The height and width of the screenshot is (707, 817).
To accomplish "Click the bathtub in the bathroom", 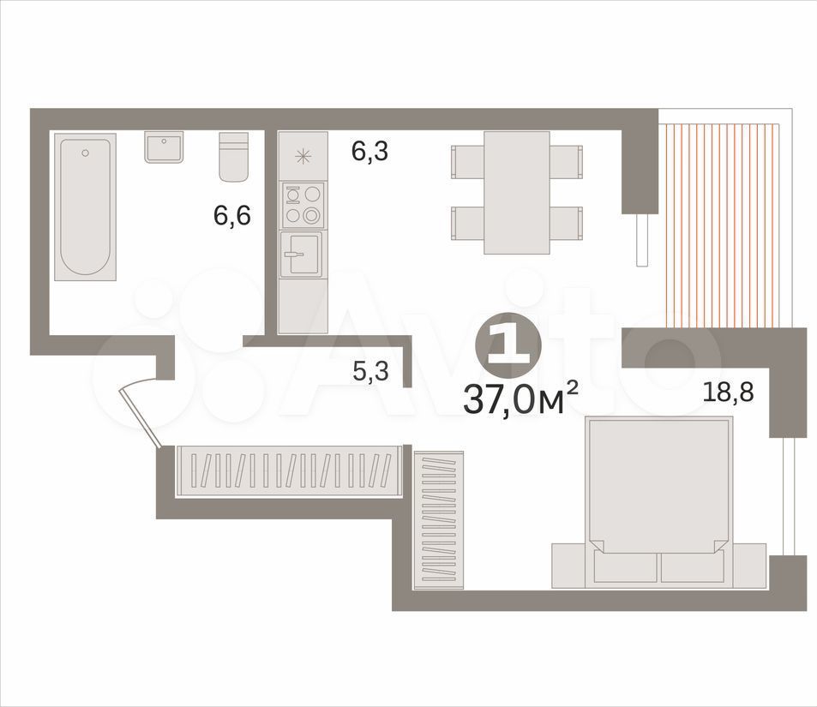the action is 85,207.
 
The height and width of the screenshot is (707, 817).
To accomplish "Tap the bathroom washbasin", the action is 164,147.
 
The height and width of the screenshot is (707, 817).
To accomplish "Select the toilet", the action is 233,156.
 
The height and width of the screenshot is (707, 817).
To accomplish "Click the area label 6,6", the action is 232,215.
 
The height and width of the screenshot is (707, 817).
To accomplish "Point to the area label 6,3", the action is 369,152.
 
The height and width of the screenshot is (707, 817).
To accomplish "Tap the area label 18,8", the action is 729,392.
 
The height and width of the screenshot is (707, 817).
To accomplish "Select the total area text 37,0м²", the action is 520,399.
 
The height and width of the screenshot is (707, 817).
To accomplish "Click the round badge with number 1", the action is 508,346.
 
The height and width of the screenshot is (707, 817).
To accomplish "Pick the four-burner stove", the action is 303,205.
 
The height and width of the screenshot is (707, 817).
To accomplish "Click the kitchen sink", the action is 301,255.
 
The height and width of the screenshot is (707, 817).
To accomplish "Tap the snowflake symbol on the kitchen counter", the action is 303,156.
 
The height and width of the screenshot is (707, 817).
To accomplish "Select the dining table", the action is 517,192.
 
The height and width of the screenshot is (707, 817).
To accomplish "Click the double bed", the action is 658,501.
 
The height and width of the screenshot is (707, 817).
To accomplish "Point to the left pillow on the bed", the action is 625,566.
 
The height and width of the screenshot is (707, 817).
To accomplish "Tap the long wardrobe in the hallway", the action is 288,471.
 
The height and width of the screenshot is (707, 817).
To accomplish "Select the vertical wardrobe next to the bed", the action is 439,520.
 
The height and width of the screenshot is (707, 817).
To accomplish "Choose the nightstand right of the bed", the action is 750,566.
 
